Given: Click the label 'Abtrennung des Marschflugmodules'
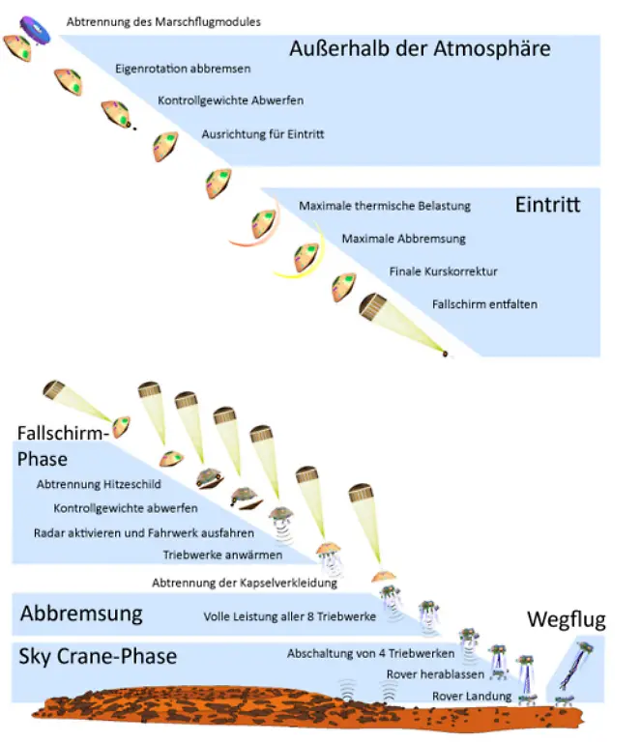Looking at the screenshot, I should coord(163,20).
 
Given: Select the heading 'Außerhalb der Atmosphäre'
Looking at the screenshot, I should coord(420,47).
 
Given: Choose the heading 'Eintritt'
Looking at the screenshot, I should coord(547,205).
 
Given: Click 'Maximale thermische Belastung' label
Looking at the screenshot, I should coord(384,206).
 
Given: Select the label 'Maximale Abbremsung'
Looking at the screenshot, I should coord(404,238).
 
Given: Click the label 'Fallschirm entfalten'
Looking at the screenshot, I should coord(484,304).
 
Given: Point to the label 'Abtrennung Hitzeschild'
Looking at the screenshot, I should coord(99,483).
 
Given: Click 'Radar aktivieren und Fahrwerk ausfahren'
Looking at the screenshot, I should coord(144,532).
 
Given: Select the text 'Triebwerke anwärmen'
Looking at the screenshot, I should coord(222,556).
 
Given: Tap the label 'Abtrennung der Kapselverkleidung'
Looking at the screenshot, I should coord(245,583).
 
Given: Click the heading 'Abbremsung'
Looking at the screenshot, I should coord(81,614).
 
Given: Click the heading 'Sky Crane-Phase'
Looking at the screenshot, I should coord(98,657).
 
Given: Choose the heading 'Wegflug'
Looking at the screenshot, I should coord(566,619).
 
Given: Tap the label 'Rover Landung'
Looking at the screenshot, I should coord(457,697).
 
